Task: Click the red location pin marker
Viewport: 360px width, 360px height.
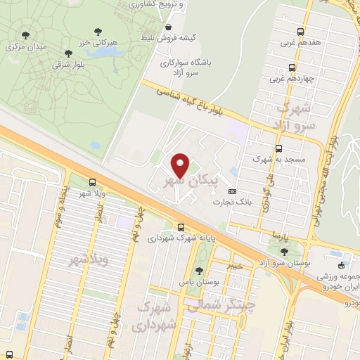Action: point(181,165)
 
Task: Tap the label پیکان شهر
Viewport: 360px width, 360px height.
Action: point(198,181)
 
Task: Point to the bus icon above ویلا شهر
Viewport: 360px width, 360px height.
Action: point(92,183)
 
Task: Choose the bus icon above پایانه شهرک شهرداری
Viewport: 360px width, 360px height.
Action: point(181,227)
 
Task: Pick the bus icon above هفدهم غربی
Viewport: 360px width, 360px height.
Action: point(300,32)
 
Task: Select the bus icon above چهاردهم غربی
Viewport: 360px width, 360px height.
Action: point(291,69)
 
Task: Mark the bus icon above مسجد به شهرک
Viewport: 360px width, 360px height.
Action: point(279,149)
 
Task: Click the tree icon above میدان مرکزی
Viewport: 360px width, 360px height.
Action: point(26,34)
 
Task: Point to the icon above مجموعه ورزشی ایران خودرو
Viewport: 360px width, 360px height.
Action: point(341,266)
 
